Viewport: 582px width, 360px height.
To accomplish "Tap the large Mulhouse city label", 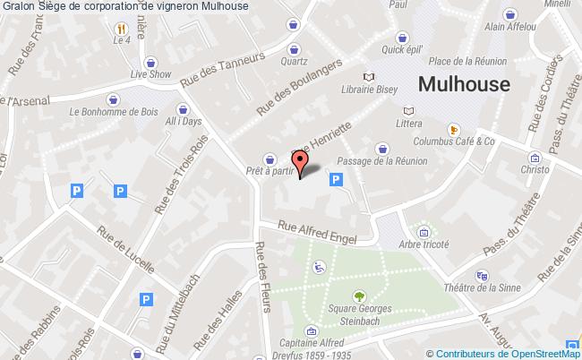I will pos(464,86).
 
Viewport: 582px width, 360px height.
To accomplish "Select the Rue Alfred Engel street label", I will pos(317,233).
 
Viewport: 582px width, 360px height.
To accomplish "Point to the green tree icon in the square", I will pos(360,296).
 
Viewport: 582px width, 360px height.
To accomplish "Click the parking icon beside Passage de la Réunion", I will pos(337,180).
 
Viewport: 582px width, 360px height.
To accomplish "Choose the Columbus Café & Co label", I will pos(454,141).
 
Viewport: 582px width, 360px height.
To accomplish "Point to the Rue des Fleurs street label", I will pos(264,279).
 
